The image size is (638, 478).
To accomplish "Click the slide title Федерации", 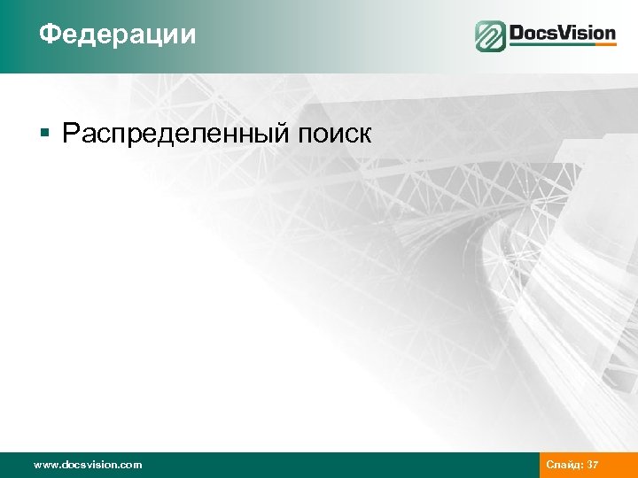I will click(x=117, y=35).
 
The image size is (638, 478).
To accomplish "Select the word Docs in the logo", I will click(x=533, y=34).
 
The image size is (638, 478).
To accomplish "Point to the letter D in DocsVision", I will click(x=516, y=34).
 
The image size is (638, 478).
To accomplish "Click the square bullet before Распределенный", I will click(x=44, y=134).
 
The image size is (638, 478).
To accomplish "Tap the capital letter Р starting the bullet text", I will click(x=71, y=134).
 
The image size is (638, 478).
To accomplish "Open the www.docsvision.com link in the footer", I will click(x=87, y=465).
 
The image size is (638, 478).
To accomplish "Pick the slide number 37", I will click(x=593, y=465).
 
